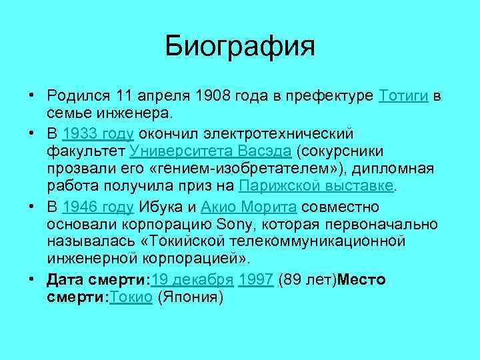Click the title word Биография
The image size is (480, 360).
tap(240, 47)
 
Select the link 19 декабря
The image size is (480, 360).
tap(193, 279)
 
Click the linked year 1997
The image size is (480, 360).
tap(255, 279)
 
